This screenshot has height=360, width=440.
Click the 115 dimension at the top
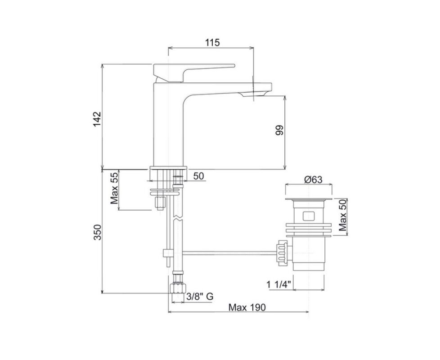pos(212,43)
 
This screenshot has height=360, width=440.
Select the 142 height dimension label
pos(97,119)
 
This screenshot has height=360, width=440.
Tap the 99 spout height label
pos(279,130)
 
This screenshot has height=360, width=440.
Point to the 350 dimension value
pos(97,232)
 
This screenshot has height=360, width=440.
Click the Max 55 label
pos(114,188)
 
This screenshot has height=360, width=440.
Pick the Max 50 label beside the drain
pos(343,215)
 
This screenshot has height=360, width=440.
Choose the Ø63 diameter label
pos(313,179)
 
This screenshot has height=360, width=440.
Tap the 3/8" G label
pos(200,296)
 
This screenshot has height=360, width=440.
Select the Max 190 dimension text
pos(247,307)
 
